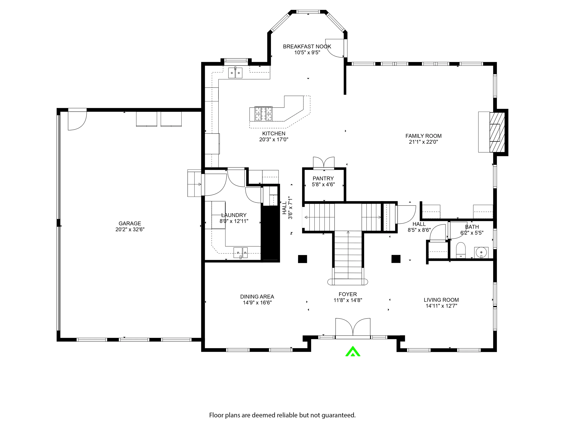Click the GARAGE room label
[x=130, y=223]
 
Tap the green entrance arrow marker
[x=353, y=351]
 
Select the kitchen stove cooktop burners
[x=264, y=114]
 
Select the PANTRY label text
[x=323, y=178]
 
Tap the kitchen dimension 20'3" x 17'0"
[x=273, y=140]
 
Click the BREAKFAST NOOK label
[x=307, y=46]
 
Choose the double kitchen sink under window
[x=235, y=73]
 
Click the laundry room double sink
[x=241, y=253]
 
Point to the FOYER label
[x=348, y=294]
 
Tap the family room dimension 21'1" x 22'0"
[x=423, y=142]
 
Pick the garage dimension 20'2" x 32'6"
[x=130, y=229]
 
